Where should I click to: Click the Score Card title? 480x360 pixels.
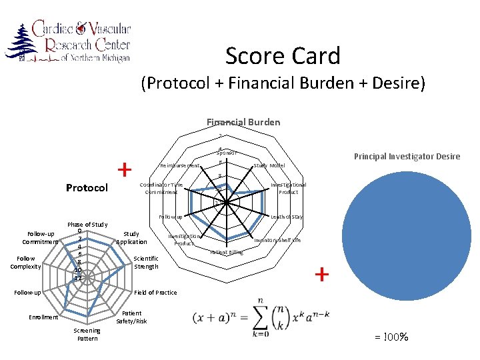click(283, 56)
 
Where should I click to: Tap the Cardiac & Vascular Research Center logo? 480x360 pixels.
click(68, 42)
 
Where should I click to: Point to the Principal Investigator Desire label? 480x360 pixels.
click(407, 157)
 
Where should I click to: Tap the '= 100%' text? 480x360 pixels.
click(393, 337)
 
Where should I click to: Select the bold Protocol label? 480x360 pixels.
click(87, 188)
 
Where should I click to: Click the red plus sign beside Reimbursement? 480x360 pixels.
click(125, 170)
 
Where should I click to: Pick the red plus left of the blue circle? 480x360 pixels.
click(322, 274)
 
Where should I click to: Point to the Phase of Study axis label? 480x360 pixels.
click(87, 225)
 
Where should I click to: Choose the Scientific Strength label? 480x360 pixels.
click(146, 262)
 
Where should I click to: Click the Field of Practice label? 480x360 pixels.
click(156, 293)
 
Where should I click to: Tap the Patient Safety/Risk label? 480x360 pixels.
click(131, 317)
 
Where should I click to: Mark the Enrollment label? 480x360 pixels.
click(43, 317)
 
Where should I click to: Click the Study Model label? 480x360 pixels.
click(269, 165)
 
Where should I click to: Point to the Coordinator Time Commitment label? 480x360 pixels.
click(161, 188)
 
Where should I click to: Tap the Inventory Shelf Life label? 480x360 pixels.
click(277, 240)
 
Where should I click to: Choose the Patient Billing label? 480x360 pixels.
click(227, 253)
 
